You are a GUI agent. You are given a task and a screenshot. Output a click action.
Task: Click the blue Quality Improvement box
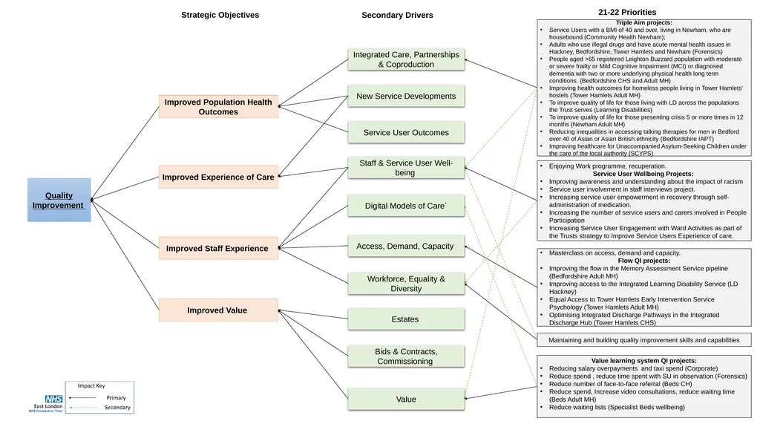59,200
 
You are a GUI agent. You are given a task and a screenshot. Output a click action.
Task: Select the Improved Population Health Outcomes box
219,107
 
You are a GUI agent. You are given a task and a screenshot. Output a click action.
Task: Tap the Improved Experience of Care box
219,177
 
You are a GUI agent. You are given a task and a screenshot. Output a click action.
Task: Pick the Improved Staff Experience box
219,249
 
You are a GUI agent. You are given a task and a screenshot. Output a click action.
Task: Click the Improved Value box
219,310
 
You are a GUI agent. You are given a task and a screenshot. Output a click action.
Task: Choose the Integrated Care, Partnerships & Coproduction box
406,59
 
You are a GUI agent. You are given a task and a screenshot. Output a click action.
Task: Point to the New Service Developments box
406,96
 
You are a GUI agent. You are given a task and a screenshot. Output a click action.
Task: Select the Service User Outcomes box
406,132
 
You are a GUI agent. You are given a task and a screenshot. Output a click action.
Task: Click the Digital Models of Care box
406,206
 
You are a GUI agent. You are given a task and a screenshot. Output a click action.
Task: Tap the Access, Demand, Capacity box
406,246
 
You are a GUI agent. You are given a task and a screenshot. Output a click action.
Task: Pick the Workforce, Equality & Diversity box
406,284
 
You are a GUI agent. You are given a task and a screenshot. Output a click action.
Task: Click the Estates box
406,319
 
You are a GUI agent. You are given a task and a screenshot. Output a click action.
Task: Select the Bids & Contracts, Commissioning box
406,356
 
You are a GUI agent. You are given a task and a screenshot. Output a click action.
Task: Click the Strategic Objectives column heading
220,15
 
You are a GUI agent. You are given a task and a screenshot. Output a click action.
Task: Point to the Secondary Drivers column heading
398,15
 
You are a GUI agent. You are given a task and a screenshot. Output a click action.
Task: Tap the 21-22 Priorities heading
627,12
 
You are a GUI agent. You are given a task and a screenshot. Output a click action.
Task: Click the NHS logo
53,399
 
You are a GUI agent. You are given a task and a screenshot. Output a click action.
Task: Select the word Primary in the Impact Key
117,398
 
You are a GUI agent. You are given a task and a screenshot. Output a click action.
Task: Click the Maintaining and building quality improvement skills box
644,340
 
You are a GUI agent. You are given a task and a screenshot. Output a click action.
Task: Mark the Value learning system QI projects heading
643,360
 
